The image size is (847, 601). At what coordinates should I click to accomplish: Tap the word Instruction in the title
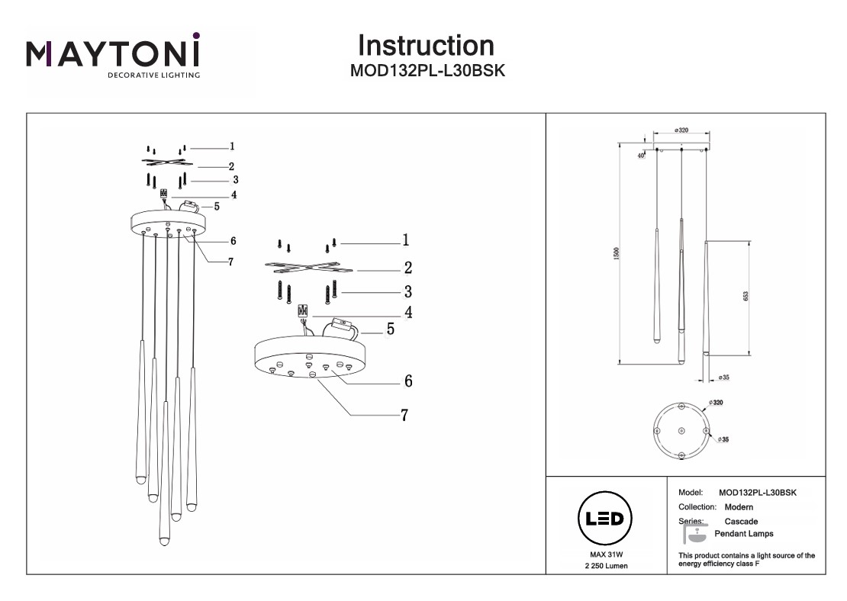pyautogui.click(x=426, y=46)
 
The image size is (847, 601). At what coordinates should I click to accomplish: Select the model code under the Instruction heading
pyautogui.click(x=427, y=70)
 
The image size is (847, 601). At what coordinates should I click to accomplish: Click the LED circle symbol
pyautogui.click(x=603, y=519)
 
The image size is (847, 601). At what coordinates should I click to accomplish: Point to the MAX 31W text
pyautogui.click(x=602, y=554)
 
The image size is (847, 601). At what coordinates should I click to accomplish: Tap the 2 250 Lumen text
pyautogui.click(x=603, y=567)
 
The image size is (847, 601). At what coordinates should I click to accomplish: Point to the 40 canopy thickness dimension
pyautogui.click(x=641, y=156)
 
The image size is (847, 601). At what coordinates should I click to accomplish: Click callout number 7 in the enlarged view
pyautogui.click(x=404, y=416)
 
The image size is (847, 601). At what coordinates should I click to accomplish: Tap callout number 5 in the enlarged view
pyautogui.click(x=390, y=329)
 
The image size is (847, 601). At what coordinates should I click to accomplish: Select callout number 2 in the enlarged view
pyautogui.click(x=407, y=268)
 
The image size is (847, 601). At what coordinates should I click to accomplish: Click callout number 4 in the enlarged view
pyautogui.click(x=408, y=312)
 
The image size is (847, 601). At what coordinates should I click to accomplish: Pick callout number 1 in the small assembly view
pyautogui.click(x=231, y=146)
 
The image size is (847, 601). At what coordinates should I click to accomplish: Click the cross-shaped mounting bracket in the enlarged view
pyautogui.click(x=308, y=268)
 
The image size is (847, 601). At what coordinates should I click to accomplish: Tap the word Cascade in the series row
pyautogui.click(x=741, y=521)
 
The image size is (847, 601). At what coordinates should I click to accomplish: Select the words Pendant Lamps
pyautogui.click(x=743, y=534)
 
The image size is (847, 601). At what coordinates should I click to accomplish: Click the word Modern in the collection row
pyautogui.click(x=739, y=507)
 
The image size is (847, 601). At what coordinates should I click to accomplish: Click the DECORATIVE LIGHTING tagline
pyautogui.click(x=153, y=76)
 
